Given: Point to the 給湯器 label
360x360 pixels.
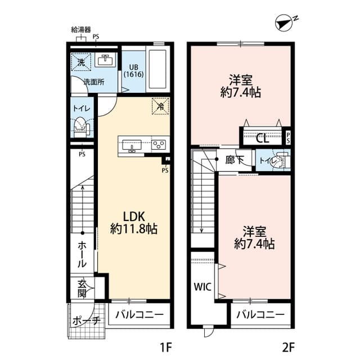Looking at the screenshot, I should (82, 29).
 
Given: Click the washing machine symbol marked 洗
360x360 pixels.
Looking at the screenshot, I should (80, 62).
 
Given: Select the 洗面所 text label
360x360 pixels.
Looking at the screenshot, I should (93, 82).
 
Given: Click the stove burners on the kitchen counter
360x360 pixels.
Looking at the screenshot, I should (159, 145).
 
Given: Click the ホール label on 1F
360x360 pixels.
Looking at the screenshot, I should (82, 254).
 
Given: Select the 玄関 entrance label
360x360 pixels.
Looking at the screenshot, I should (82, 288).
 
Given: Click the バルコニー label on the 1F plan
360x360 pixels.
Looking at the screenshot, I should (139, 314).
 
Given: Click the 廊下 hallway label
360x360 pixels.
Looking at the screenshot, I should (235, 160).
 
